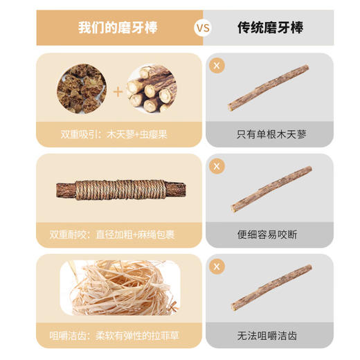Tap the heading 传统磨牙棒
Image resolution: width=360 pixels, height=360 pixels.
point(270,28)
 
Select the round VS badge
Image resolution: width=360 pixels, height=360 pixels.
point(202,28)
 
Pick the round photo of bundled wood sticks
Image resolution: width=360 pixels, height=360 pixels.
point(152,90)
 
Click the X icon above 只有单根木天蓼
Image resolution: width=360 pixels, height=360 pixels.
point(217,66)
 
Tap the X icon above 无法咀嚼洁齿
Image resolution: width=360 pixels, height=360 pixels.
point(217,267)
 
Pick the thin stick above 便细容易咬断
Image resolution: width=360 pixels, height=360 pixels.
point(270,188)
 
